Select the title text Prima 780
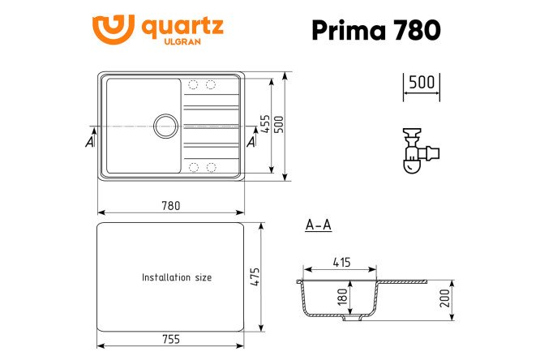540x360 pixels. click(377, 30)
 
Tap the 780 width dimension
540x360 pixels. click(170, 206)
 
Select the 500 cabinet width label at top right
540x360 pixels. click(422, 83)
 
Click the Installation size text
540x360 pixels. click(176, 277)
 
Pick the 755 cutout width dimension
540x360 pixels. click(170, 339)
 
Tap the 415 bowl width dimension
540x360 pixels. click(341, 262)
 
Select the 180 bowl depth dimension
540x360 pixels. click(343, 298)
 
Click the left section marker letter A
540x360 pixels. click(89, 142)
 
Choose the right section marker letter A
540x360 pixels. click(251, 142)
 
